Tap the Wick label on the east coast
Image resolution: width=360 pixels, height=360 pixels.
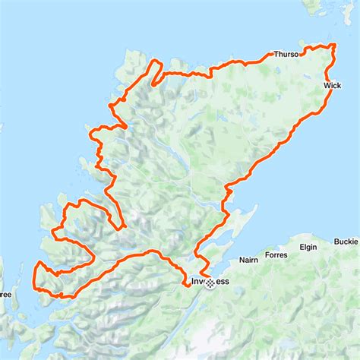(x=331, y=86)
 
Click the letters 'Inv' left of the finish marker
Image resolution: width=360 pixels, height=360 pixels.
(x=197, y=282)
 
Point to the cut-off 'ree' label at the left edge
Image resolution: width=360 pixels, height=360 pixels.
(x=5, y=294)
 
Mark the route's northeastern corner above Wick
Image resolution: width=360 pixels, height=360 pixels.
(x=333, y=47)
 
